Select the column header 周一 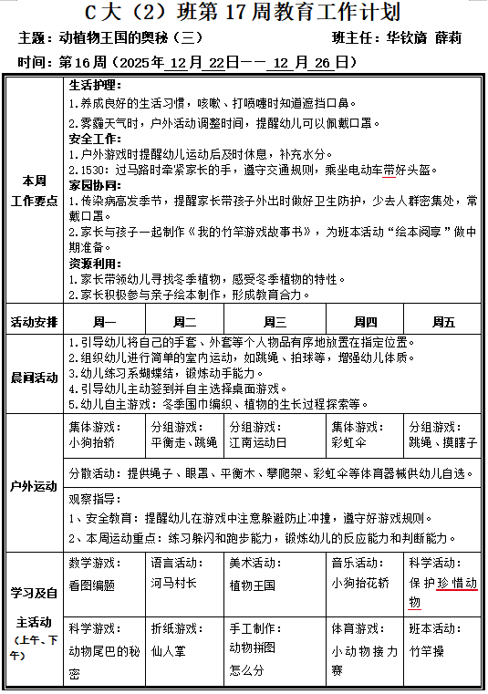tap(104, 321)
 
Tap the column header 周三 tap(275, 321)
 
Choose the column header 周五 tap(443, 321)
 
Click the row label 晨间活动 tap(34, 377)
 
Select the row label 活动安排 tap(34, 322)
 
